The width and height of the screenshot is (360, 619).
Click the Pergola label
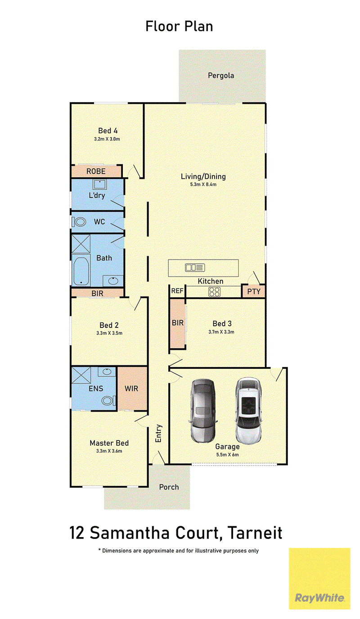(x=221, y=76)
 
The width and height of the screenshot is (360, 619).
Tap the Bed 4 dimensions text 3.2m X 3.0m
(x=107, y=139)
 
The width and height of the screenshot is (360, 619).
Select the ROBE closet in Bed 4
(x=96, y=171)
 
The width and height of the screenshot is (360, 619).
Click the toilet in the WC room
(x=79, y=222)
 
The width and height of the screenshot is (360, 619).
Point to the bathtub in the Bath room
(x=81, y=271)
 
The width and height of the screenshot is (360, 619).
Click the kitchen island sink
(x=195, y=268)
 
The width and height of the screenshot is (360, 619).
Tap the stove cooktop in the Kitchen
(x=214, y=292)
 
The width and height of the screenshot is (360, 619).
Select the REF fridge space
(x=177, y=291)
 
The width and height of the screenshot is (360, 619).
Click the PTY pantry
(x=253, y=291)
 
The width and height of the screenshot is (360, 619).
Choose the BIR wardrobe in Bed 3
(x=177, y=323)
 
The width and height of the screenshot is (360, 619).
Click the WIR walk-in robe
(x=132, y=388)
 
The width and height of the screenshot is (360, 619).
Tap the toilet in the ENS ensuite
(x=108, y=401)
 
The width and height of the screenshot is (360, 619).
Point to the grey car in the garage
(x=203, y=410)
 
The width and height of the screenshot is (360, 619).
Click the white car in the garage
(x=248, y=410)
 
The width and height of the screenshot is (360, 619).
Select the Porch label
(x=169, y=487)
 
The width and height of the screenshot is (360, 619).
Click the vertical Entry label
(x=158, y=433)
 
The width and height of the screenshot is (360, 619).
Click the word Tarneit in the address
(x=255, y=533)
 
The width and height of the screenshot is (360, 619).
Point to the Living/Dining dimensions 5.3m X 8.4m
(x=203, y=184)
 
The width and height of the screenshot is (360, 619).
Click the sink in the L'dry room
(x=99, y=184)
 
